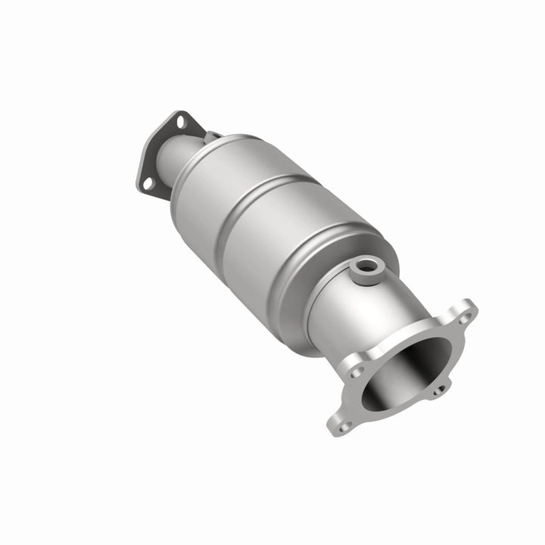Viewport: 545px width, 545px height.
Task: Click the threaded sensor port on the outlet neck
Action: (x=369, y=267)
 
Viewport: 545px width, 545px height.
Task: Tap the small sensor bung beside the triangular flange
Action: (x=213, y=136)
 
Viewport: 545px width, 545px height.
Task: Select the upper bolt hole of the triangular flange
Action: (x=180, y=121)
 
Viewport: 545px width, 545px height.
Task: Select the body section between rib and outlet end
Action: (x=288, y=250)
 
